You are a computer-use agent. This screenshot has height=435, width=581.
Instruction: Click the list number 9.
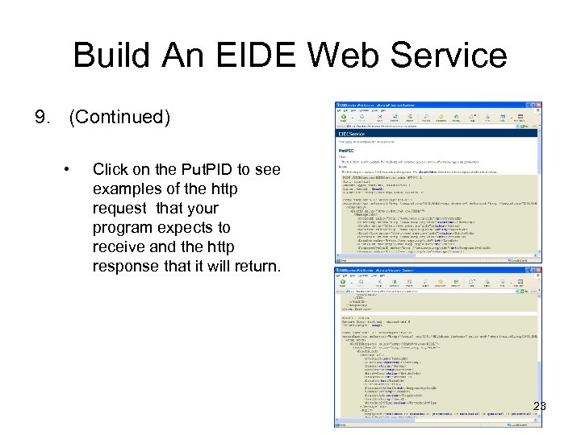pyautogui.click(x=42, y=118)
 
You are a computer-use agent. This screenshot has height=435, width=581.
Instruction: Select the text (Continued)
pyautogui.click(x=119, y=118)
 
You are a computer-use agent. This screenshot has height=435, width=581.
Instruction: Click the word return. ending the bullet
pyautogui.click(x=254, y=267)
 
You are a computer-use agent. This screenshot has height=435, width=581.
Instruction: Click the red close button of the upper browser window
pyautogui.click(x=537, y=105)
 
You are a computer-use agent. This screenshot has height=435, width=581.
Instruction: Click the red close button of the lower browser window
pyautogui.click(x=537, y=271)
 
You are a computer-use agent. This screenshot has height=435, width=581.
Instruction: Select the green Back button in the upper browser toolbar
pyautogui.click(x=343, y=118)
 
